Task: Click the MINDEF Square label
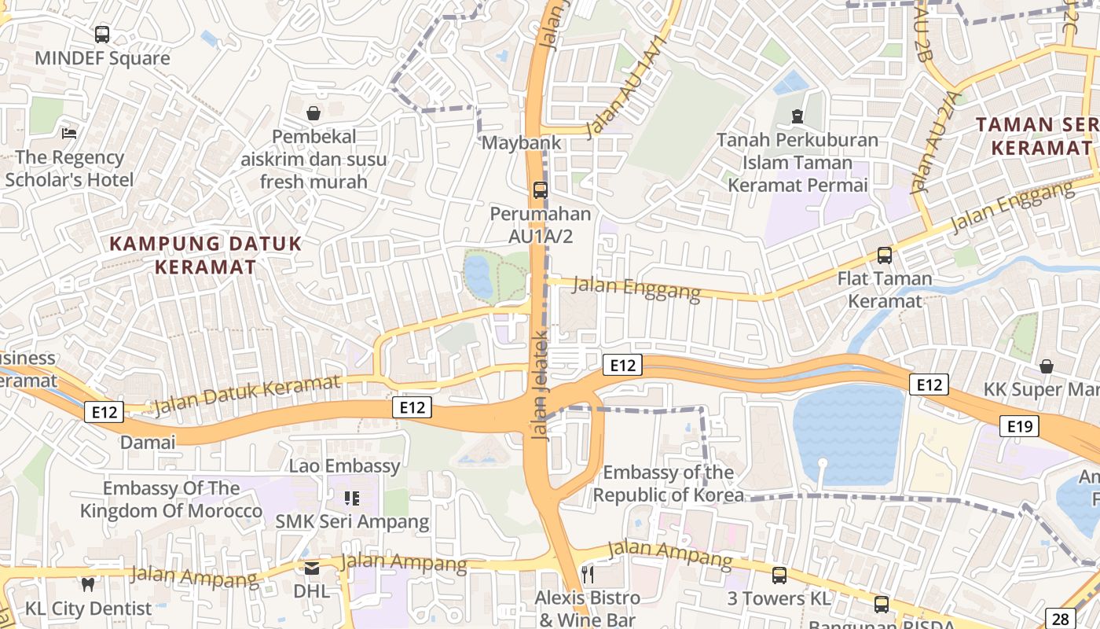coord(102,58)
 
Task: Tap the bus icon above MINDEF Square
coord(102,35)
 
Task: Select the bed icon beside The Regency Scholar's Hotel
coord(69,133)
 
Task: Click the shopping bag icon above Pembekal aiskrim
coord(313,113)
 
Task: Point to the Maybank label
coord(522,142)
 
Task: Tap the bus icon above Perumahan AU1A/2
coord(541,189)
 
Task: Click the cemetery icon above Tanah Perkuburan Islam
coord(797,117)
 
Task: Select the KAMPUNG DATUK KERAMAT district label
coord(205,255)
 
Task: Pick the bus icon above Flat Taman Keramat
coord(885,255)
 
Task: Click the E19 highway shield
coord(1020,426)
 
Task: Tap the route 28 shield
coord(1060,618)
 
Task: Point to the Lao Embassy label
coord(344,465)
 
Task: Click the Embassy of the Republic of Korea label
coord(668,484)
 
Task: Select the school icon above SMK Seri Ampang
coord(352,498)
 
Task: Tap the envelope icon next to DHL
coord(312,568)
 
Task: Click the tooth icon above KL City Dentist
coord(88,584)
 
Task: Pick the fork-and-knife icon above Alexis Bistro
coord(587,575)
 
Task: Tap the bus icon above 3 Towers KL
coord(779,575)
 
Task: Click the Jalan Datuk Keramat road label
coord(247,394)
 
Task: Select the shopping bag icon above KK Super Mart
coord(1047,366)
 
